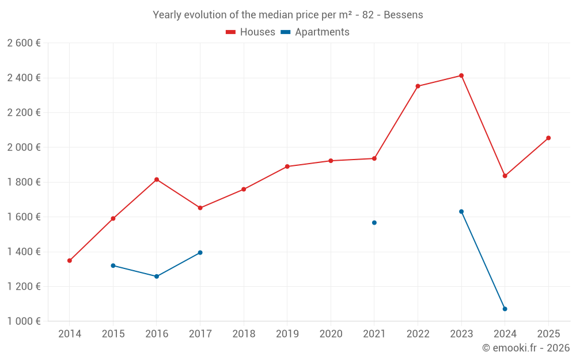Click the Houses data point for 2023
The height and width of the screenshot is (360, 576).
(x=461, y=75)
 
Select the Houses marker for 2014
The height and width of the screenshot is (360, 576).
(x=70, y=260)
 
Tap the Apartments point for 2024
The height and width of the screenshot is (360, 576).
(x=505, y=309)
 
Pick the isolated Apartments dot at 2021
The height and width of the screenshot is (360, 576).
(x=374, y=222)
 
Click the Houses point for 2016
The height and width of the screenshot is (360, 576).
(x=157, y=180)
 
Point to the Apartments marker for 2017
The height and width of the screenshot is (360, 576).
(x=200, y=252)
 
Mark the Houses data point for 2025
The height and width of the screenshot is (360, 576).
(x=548, y=138)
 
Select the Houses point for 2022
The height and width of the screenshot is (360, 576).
(x=418, y=86)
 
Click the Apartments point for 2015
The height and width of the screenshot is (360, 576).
(x=113, y=266)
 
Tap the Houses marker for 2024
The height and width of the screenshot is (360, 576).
(x=505, y=176)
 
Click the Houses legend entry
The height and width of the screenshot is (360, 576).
(x=251, y=32)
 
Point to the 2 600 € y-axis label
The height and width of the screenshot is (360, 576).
(x=24, y=43)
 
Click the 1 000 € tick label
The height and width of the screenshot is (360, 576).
(x=24, y=321)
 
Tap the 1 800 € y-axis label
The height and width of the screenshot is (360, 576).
(x=24, y=182)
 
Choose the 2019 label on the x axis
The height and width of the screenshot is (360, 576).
(x=287, y=334)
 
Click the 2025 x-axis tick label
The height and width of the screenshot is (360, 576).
(x=548, y=334)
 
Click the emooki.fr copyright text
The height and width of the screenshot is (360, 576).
(x=526, y=348)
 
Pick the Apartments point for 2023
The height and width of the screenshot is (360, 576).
(x=461, y=211)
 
